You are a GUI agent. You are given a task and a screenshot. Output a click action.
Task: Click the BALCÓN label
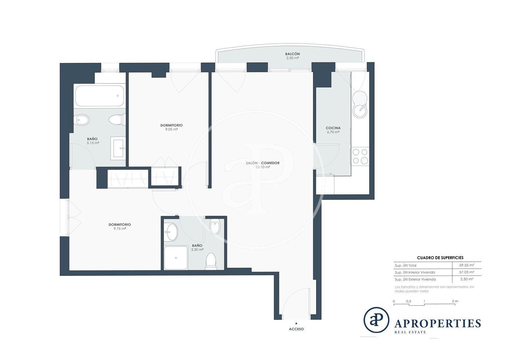[292, 54]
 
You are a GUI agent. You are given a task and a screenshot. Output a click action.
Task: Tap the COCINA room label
[333, 128]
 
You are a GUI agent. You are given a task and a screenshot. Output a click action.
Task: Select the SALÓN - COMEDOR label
[263, 163]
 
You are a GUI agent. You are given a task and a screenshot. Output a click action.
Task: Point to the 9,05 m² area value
[172, 129]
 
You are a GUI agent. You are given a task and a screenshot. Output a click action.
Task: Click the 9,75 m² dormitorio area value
[120, 229]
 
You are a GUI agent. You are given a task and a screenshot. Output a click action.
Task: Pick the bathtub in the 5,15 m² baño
[100, 96]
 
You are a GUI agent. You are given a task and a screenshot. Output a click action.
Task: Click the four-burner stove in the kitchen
[360, 156]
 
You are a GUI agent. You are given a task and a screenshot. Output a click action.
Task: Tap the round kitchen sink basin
[360, 111]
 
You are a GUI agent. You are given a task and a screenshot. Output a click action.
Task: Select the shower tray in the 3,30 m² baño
[176, 258]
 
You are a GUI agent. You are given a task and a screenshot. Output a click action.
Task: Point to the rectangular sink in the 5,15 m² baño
[118, 148]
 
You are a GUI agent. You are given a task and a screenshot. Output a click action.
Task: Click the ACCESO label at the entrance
[296, 329]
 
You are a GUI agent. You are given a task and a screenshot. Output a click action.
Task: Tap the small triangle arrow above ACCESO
[296, 323]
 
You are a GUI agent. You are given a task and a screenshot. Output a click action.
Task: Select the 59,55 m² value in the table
[467, 265]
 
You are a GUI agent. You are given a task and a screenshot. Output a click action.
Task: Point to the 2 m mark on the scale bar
[455, 301]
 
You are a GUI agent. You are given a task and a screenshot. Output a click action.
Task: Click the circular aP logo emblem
[376, 320]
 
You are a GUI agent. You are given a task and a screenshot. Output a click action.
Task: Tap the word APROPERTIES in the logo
[438, 323]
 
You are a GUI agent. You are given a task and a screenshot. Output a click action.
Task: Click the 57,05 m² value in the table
[467, 272]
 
